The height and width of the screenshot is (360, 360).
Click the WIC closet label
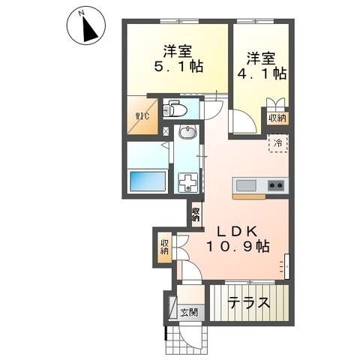(142, 115)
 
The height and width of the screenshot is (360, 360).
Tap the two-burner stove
(274, 185)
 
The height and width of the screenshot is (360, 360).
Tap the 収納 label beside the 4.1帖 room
(277, 117)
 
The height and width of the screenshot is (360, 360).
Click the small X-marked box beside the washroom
(166, 132)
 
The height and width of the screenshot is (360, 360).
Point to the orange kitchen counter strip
(259, 196)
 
